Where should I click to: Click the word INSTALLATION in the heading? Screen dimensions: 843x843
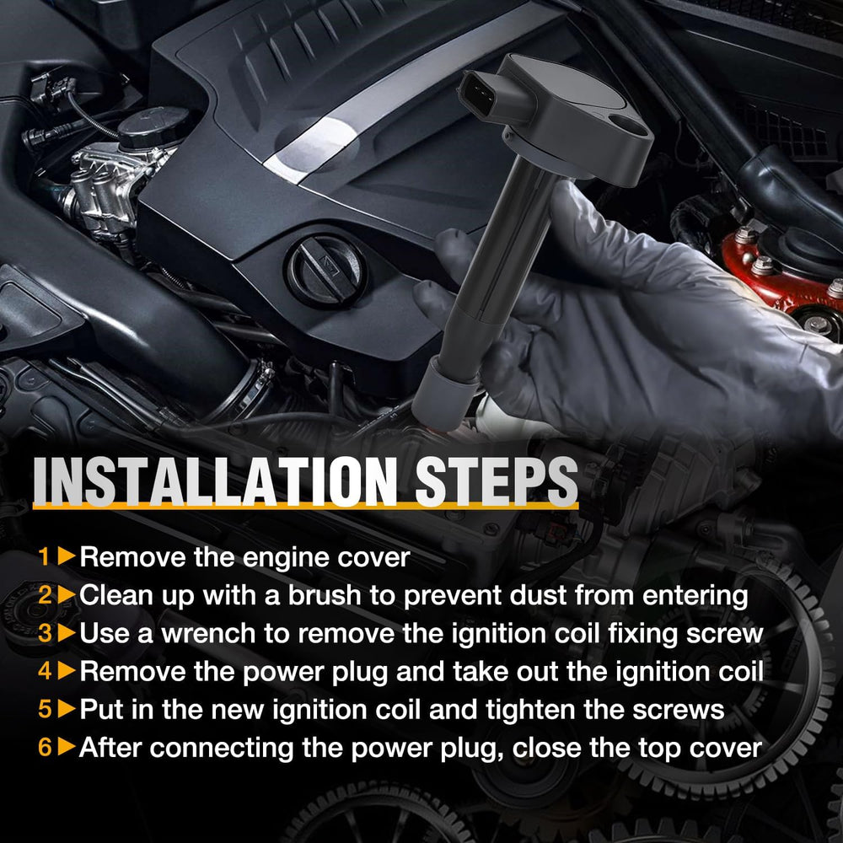click(x=215, y=481)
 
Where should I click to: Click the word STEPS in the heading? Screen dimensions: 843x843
click(x=496, y=481)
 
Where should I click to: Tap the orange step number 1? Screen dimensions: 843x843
click(x=44, y=556)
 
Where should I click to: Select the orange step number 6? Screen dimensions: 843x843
click(x=45, y=747)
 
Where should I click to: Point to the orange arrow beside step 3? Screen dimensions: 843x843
click(x=67, y=633)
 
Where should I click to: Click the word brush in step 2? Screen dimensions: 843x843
click(x=325, y=595)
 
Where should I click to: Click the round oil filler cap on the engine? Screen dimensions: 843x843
click(x=325, y=271)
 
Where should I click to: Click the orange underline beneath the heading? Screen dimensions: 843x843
click(x=305, y=506)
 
